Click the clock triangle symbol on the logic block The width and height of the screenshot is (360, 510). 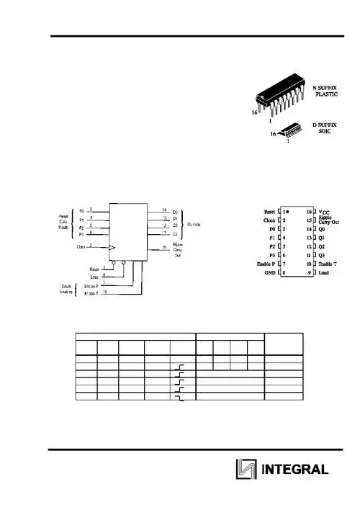(112, 248)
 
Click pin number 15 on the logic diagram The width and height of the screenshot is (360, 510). (164, 247)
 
